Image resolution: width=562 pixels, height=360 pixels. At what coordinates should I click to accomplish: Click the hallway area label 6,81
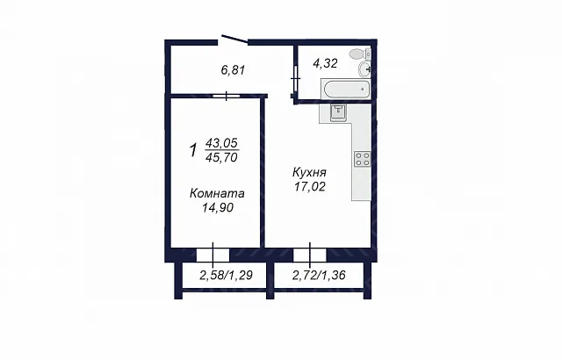(233, 70)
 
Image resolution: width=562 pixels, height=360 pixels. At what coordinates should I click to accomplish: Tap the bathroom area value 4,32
(325, 63)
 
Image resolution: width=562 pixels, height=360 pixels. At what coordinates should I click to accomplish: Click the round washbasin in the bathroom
(365, 68)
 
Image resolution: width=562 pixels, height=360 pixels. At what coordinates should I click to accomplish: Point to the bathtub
(345, 90)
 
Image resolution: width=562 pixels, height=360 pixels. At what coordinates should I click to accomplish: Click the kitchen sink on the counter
(337, 113)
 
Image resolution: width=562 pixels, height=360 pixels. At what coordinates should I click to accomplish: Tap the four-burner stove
(362, 159)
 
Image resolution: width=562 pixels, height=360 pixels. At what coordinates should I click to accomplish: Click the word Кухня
(309, 172)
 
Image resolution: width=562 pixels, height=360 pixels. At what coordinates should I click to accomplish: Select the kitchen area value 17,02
(310, 187)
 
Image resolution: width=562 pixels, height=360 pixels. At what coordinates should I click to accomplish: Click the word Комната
(217, 193)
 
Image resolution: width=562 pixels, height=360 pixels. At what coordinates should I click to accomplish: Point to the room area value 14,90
(218, 207)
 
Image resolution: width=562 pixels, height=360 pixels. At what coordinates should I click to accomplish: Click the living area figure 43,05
(221, 143)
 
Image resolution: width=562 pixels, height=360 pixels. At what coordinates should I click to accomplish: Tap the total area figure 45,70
(222, 157)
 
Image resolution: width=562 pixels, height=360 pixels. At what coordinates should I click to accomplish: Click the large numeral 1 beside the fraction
(193, 150)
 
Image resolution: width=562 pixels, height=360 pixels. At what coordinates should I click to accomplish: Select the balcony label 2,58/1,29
(227, 275)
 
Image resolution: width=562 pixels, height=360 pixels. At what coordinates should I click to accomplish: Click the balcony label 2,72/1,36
(319, 275)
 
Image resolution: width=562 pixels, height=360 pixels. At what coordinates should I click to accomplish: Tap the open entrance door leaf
(234, 40)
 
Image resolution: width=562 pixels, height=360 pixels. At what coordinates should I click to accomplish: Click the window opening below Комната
(213, 255)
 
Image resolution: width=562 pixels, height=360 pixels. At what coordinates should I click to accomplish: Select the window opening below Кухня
(310, 255)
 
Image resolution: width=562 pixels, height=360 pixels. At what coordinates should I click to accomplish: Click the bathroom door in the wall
(296, 78)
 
